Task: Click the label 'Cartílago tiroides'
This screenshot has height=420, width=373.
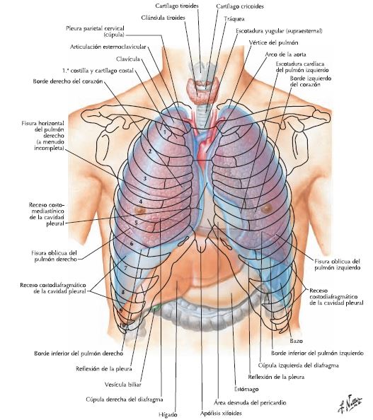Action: pyautogui.click(x=177, y=6)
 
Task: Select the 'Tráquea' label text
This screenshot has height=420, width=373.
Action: pyautogui.click(x=234, y=19)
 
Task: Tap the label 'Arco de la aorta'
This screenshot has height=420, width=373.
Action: pyautogui.click(x=285, y=54)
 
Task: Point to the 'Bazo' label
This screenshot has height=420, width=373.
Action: pyautogui.click(x=296, y=341)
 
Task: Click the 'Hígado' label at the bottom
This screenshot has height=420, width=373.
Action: pyautogui.click(x=168, y=414)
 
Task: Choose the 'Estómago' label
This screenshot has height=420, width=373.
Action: pyautogui.click(x=246, y=389)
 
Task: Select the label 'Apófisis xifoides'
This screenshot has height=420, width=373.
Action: pyautogui.click(x=221, y=413)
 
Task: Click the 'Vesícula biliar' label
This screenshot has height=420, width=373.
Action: pyautogui.click(x=123, y=385)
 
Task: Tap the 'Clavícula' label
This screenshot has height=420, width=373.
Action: pyautogui.click(x=128, y=59)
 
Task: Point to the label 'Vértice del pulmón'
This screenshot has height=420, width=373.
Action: pyautogui.click(x=273, y=42)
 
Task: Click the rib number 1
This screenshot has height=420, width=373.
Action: pyautogui.click(x=165, y=132)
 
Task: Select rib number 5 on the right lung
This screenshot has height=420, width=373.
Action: pyautogui.click(x=136, y=223)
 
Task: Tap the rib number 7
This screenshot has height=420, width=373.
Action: pyautogui.click(x=125, y=267)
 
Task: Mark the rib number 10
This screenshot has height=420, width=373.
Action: pyautogui.click(x=122, y=325)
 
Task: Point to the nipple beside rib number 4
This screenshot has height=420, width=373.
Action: pyautogui.click(x=140, y=210)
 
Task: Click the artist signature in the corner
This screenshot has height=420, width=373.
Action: pyautogui.click(x=350, y=404)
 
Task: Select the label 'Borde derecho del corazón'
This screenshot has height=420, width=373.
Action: pyautogui.click(x=68, y=81)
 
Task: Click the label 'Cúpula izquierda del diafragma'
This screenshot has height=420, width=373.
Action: pyautogui.click(x=299, y=365)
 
